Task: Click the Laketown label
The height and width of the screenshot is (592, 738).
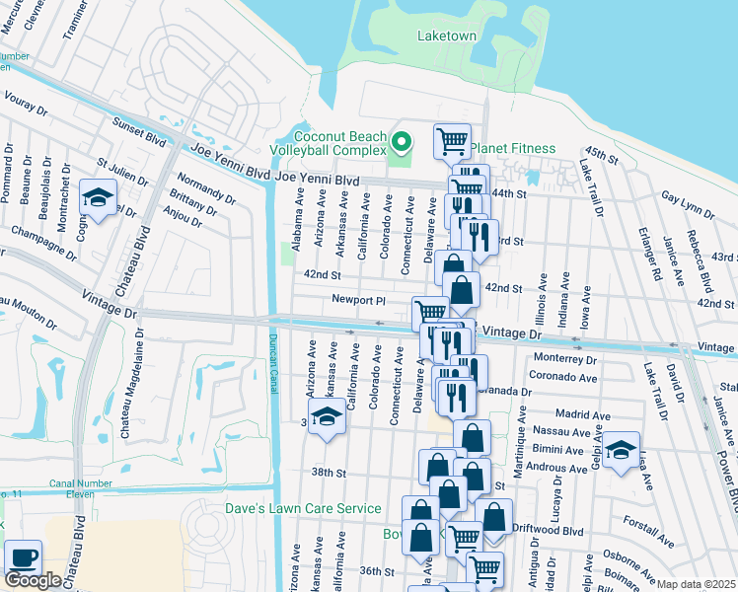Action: pos(446,36)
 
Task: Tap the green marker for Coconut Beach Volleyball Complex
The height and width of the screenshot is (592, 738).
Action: pos(401,143)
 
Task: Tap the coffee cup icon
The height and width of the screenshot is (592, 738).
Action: pos(23,556)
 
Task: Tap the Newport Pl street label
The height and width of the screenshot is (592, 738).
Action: pos(358,300)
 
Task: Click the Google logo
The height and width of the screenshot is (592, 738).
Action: pos(33,580)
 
